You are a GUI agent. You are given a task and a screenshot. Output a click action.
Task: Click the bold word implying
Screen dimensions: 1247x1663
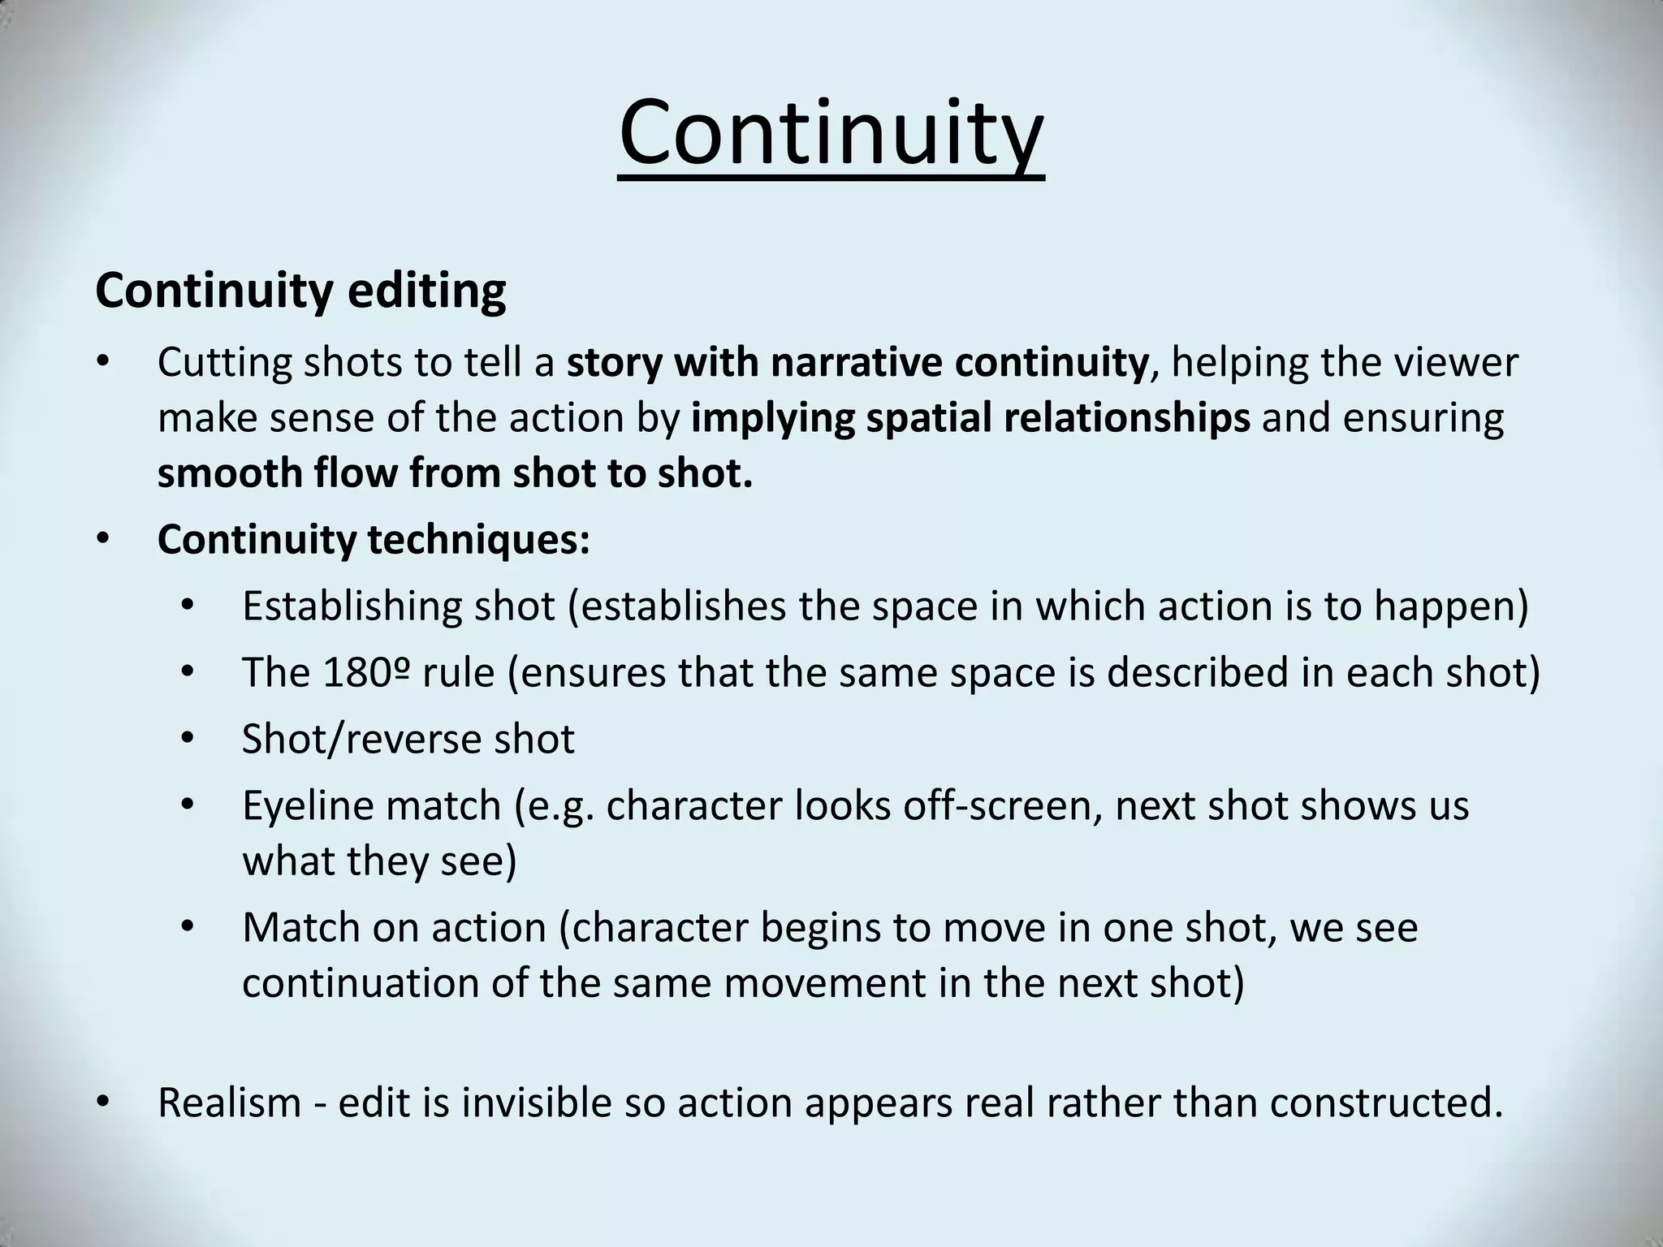[771, 418]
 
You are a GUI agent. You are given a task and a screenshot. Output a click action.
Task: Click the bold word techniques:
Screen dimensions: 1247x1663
[478, 539]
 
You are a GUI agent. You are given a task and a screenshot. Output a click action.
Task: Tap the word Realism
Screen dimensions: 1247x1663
[229, 1102]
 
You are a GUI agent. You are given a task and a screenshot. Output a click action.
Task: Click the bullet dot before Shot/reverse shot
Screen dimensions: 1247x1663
[188, 739]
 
